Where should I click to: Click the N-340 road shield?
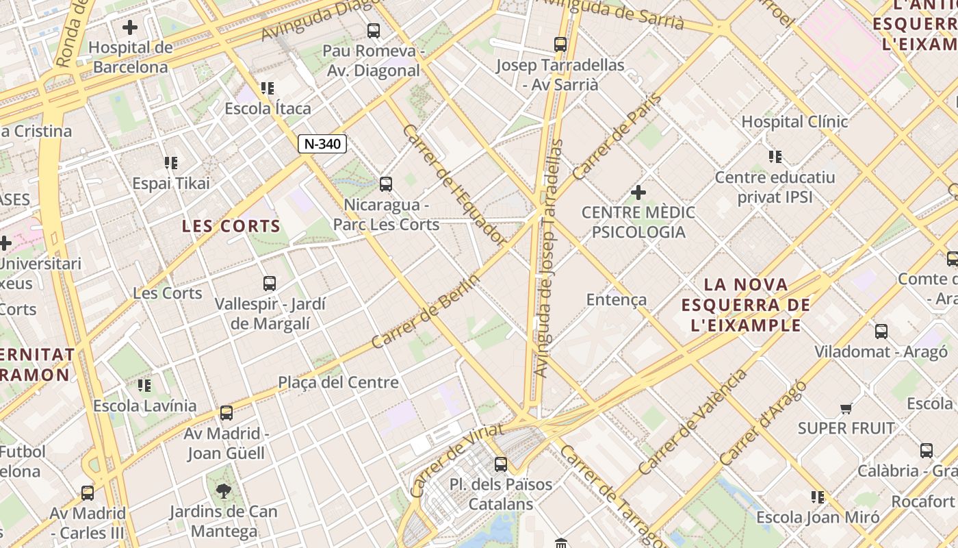click(x=323, y=144)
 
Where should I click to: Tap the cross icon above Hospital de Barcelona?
click(x=130, y=27)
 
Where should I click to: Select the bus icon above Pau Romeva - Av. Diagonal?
click(x=373, y=30)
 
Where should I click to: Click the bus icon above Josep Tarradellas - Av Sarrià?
click(x=560, y=45)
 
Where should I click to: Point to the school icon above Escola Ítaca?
click(x=268, y=88)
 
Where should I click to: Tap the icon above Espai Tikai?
click(x=171, y=163)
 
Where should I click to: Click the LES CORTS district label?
click(x=231, y=226)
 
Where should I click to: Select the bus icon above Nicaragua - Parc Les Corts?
click(x=386, y=184)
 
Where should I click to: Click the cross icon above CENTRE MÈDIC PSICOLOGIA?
click(x=638, y=192)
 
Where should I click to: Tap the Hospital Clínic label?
click(x=794, y=122)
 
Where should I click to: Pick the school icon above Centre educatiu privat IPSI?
click(x=775, y=157)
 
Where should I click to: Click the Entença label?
click(x=617, y=299)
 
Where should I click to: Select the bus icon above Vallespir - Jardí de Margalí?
click(x=270, y=283)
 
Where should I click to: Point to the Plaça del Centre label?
click(x=338, y=382)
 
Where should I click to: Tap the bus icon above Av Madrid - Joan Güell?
click(x=226, y=413)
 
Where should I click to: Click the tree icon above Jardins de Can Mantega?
click(x=224, y=490)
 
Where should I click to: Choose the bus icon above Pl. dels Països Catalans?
click(x=501, y=464)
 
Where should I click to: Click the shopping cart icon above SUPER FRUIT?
click(x=846, y=408)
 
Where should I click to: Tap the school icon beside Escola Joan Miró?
click(x=818, y=497)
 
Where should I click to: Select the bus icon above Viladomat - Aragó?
click(x=881, y=332)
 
